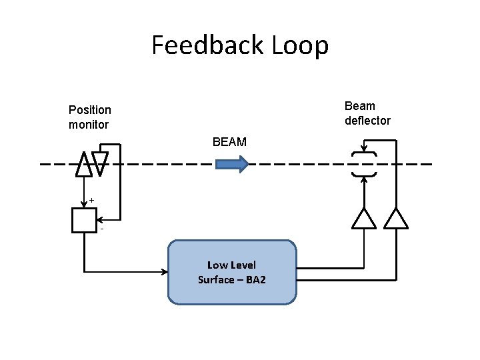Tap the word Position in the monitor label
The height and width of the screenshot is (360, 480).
click(90, 110)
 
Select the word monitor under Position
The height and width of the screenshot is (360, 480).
click(89, 125)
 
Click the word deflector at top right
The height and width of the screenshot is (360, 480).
click(367, 121)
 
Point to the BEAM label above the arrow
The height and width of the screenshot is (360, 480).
click(229, 142)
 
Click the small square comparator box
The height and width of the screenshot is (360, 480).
click(83, 220)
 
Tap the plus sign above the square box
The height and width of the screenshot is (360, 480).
click(91, 200)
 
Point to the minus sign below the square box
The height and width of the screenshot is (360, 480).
click(101, 231)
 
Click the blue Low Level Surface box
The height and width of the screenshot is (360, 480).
click(232, 273)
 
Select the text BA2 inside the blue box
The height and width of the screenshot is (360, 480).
click(255, 280)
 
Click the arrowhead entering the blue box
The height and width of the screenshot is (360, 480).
click(164, 271)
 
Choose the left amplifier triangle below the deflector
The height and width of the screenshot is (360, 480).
click(364, 219)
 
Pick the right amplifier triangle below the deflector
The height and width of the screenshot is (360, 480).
click(397, 219)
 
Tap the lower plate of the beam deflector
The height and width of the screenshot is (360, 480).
click(364, 175)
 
